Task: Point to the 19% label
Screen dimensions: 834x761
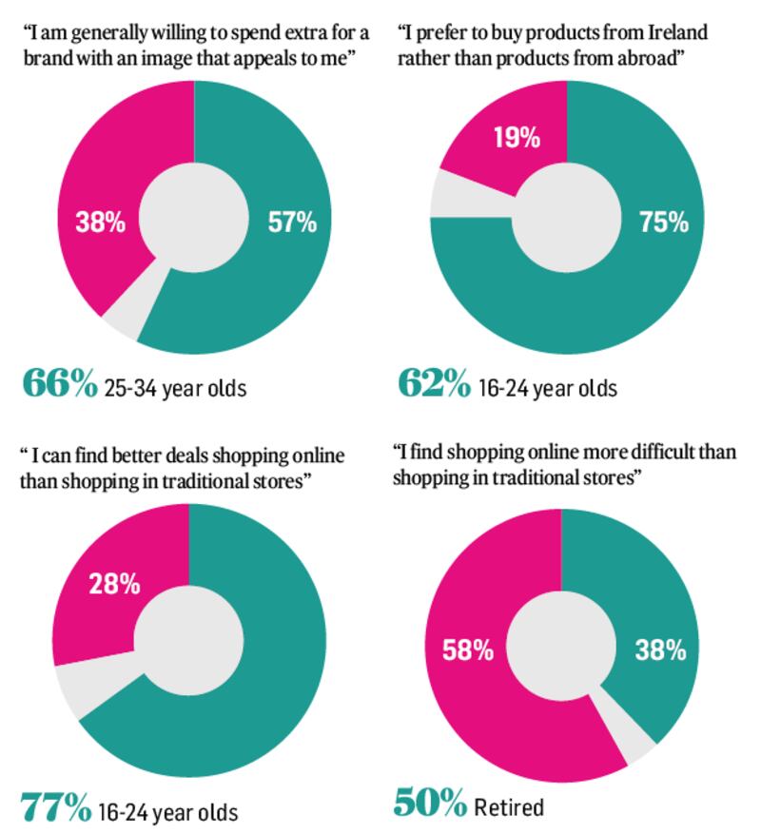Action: click(517, 138)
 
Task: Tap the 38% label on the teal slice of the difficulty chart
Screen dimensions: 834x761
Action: click(661, 650)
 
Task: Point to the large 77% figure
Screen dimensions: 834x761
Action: click(55, 807)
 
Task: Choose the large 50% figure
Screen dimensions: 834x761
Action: click(429, 804)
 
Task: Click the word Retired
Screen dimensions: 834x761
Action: click(510, 807)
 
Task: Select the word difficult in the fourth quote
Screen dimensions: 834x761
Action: click(668, 453)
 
